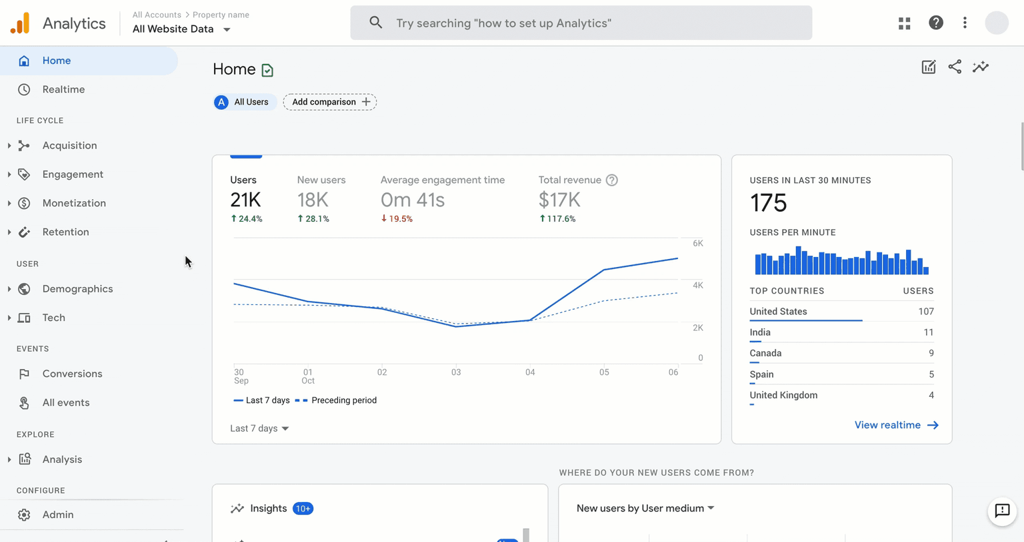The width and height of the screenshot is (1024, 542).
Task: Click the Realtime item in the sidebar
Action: (63, 89)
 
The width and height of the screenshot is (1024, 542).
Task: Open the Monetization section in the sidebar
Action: (74, 203)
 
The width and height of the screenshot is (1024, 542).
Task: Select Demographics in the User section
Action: (77, 289)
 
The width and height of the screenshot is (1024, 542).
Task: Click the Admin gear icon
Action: (24, 515)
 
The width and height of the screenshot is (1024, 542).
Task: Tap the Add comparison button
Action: (330, 102)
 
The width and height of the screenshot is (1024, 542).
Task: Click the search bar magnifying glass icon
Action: (376, 23)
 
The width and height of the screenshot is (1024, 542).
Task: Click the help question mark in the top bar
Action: (936, 23)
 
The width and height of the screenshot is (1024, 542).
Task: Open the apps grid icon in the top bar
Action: (904, 23)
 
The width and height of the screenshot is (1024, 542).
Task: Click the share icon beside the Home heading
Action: (955, 67)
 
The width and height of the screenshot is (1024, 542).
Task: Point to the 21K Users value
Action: (245, 200)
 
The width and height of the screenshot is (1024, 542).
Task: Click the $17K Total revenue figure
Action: (559, 200)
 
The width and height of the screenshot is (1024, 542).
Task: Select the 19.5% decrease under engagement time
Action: (397, 219)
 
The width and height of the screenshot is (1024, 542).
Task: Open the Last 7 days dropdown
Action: (259, 428)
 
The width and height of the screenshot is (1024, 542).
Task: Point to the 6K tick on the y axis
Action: (697, 243)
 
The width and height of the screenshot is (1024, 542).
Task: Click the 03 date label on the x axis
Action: (456, 372)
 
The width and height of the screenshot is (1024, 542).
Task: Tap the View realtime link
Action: (896, 425)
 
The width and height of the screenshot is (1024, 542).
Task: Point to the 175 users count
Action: (768, 203)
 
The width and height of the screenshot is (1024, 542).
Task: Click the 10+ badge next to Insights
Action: (303, 509)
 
